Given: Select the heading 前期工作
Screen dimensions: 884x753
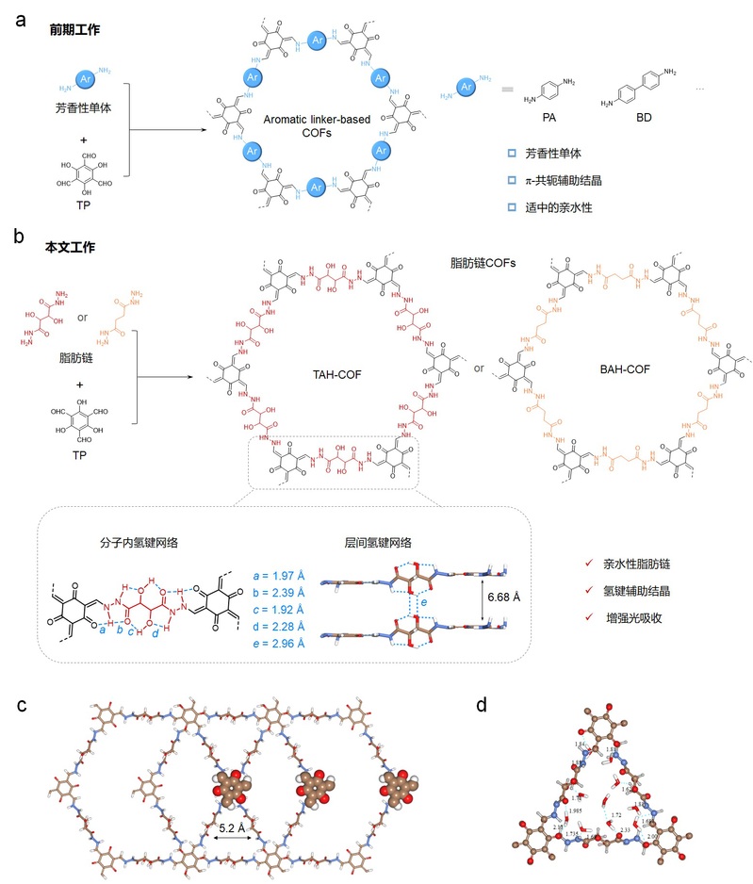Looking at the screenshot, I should pyautogui.click(x=75, y=30).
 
